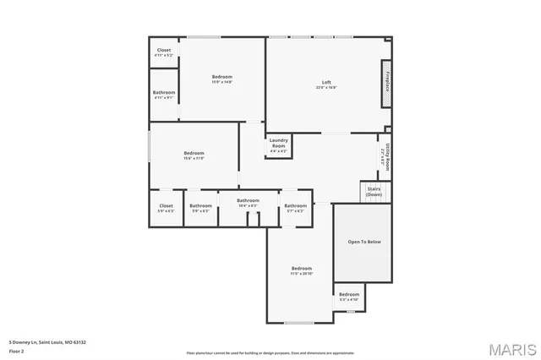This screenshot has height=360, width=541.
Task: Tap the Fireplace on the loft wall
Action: [386, 85]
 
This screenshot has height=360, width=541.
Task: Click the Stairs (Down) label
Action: [374, 193]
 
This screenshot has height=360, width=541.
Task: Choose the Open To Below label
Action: [364, 242]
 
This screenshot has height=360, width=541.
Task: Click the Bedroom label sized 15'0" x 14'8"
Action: [221, 79]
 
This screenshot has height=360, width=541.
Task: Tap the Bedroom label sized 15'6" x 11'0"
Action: [194, 155]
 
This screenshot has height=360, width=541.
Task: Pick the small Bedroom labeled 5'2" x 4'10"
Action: [349, 296]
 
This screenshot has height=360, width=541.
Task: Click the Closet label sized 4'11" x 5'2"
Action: [164, 52]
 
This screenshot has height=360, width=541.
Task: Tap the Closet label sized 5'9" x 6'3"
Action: [166, 207]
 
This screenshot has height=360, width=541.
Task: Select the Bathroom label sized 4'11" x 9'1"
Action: [164, 94]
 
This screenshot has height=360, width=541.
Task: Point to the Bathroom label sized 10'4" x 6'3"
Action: [248, 202]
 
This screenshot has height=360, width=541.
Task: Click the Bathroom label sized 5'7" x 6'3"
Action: [295, 207]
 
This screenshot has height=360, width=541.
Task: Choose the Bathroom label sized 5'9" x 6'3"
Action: [200, 207]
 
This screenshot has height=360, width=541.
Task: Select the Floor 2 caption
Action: [16, 349]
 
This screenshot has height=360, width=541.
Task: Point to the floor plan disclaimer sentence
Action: [270, 352]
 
